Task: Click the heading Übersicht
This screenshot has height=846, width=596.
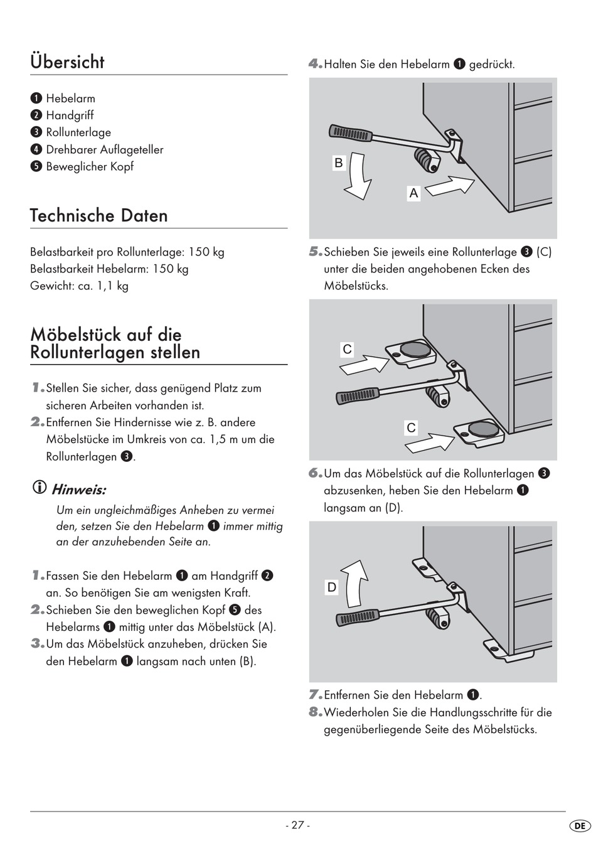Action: [x=67, y=62]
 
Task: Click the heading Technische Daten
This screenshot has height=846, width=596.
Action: [x=98, y=215]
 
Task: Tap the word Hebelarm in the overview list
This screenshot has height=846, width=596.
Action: [x=70, y=99]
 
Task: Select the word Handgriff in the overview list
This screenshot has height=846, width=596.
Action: [x=70, y=115]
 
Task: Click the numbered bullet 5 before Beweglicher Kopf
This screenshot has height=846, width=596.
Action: [x=36, y=167]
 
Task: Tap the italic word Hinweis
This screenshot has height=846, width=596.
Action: [x=78, y=489]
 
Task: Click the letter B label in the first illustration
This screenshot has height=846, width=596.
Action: [x=339, y=163]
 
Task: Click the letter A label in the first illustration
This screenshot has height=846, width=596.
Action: [x=413, y=193]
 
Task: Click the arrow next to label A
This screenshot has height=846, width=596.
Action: [x=449, y=185]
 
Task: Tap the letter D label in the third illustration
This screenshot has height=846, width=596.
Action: [x=332, y=587]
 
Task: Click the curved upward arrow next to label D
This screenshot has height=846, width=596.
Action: [x=358, y=582]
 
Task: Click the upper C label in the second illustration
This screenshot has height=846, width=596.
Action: [x=347, y=350]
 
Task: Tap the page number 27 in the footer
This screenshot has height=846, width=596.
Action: [x=297, y=825]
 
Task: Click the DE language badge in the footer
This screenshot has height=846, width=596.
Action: [x=580, y=826]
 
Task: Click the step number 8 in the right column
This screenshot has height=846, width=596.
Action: [x=315, y=712]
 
